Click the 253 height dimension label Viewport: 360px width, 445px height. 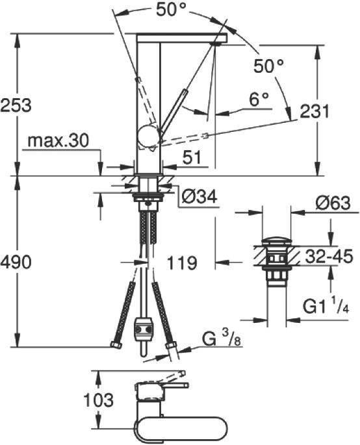pyautogui.click(x=16, y=105)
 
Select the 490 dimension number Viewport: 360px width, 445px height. pyautogui.click(x=16, y=262)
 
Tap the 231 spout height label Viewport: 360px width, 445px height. pyautogui.click(x=315, y=112)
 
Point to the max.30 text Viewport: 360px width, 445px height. pyautogui.click(x=58, y=140)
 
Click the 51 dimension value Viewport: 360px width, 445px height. pyautogui.click(x=192, y=157)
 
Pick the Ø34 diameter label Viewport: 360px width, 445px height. pyautogui.click(x=199, y=196)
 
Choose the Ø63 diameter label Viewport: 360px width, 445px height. pyautogui.click(x=333, y=203)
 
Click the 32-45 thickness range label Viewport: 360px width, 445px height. pyautogui.click(x=329, y=256)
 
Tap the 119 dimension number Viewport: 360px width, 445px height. pyautogui.click(x=182, y=263)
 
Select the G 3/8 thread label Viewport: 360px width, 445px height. pyautogui.click(x=222, y=338)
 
